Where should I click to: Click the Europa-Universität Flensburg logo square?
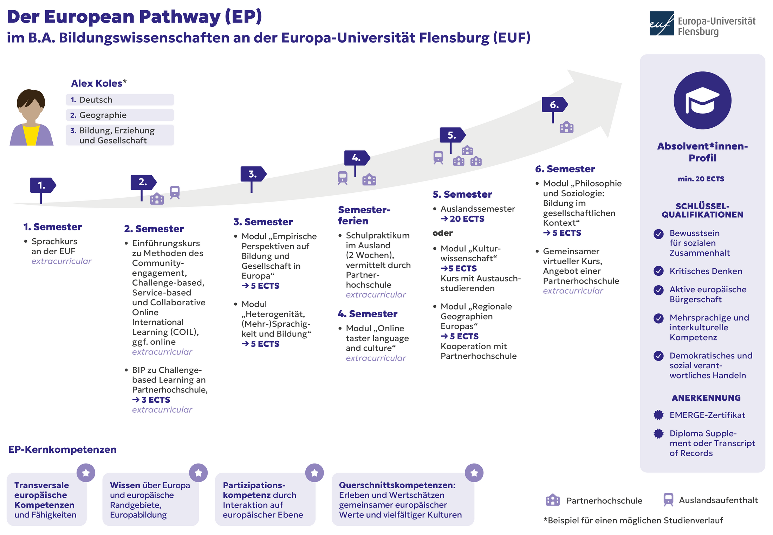(662, 24)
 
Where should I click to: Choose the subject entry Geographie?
(120, 115)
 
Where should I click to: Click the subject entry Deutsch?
(120, 100)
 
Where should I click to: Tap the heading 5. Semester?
(462, 194)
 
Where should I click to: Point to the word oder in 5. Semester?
(442, 233)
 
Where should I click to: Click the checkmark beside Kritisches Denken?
(658, 271)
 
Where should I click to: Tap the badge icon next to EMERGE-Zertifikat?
(658, 415)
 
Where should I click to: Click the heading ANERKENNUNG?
(706, 398)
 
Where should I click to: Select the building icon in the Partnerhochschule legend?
(553, 500)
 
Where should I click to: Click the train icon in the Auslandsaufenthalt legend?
(668, 499)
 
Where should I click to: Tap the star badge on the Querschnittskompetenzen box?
(474, 473)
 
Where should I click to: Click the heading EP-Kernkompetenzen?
(62, 450)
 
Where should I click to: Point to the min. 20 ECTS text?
(701, 179)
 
